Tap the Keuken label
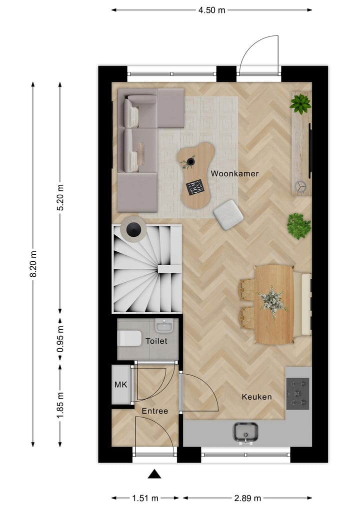(256, 397)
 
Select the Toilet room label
(156, 341)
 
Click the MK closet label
(120, 385)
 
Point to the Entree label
(154, 411)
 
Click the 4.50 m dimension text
(211, 9)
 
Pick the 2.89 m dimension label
(247, 498)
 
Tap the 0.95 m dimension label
(60, 340)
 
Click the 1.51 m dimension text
(145, 498)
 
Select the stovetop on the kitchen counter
(297, 392)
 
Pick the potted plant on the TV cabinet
(300, 103)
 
